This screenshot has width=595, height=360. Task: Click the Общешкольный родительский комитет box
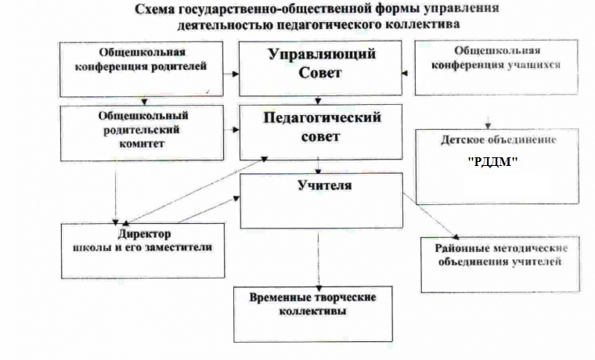pos(146,129)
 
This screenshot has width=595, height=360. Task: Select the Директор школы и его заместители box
pos(141,250)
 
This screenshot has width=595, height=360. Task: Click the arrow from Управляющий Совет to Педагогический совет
pos(317,99)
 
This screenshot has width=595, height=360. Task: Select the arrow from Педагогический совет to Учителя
pos(317,165)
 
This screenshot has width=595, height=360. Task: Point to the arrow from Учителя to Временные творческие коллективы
pos(318,258)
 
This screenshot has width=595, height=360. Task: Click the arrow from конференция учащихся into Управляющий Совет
pos(406,74)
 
